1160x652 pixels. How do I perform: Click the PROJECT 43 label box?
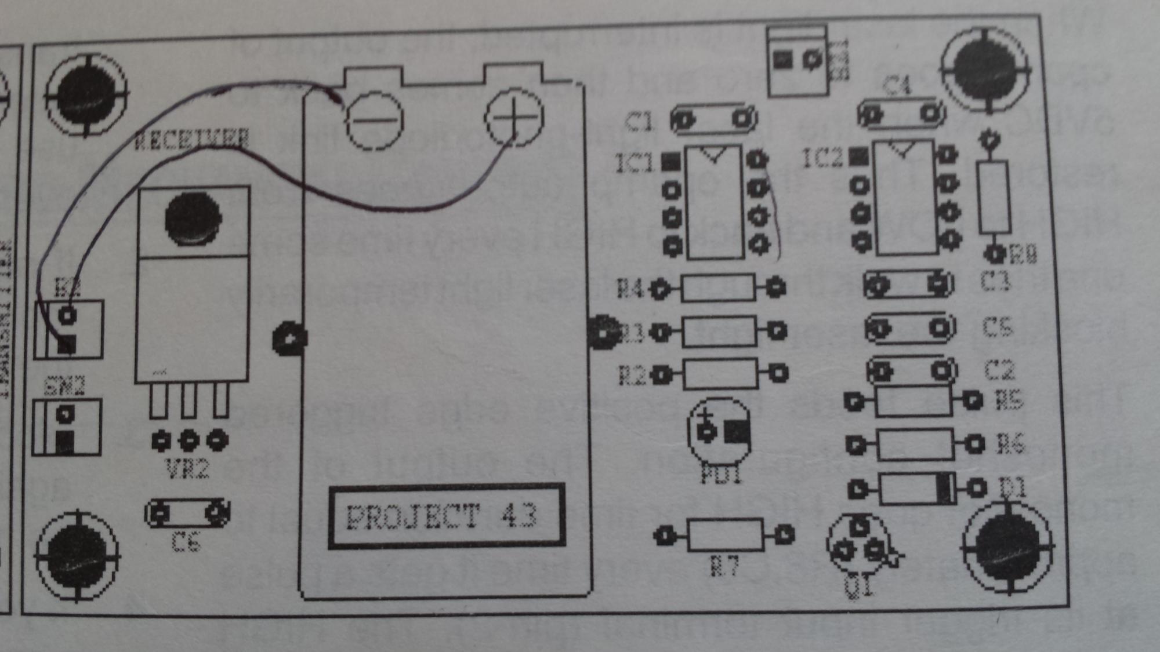click(446, 515)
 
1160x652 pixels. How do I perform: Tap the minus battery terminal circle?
click(374, 121)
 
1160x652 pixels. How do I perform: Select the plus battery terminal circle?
click(514, 117)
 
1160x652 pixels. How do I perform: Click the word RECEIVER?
click(192, 139)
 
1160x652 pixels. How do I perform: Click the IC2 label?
click(822, 158)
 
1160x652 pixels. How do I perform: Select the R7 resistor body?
click(725, 535)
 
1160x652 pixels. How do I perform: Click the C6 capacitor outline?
click(187, 513)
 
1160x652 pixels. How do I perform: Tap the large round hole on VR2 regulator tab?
click(193, 218)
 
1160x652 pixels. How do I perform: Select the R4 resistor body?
click(718, 288)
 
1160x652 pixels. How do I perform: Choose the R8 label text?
click(1023, 254)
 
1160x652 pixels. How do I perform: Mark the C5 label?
click(998, 327)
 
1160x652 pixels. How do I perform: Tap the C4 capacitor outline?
click(901, 114)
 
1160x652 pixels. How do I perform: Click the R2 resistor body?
click(720, 374)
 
